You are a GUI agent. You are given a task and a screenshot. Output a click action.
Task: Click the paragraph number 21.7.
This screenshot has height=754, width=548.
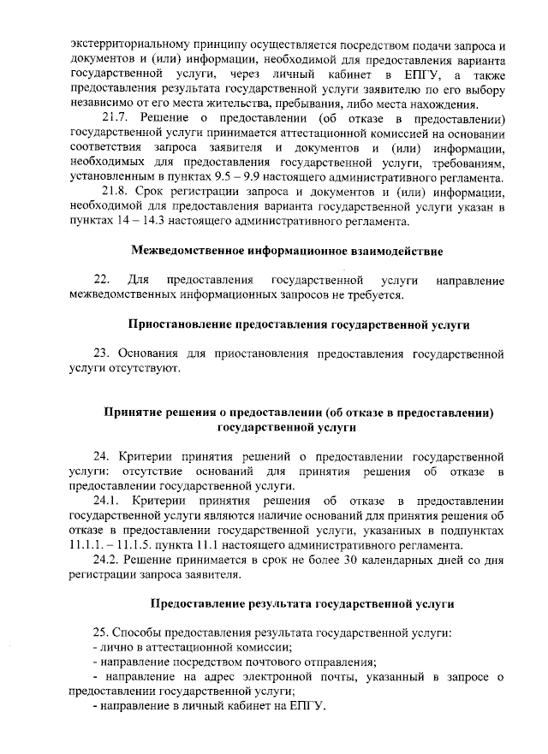click(x=117, y=116)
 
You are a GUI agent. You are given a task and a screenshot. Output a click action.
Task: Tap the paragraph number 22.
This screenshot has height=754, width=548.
click(x=101, y=280)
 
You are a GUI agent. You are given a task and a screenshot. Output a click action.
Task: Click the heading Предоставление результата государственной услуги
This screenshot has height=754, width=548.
click(x=300, y=603)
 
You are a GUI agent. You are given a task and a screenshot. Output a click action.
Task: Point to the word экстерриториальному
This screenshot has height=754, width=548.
click(x=131, y=44)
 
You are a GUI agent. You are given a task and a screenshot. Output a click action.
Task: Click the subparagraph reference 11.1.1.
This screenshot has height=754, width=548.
click(x=87, y=544)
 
